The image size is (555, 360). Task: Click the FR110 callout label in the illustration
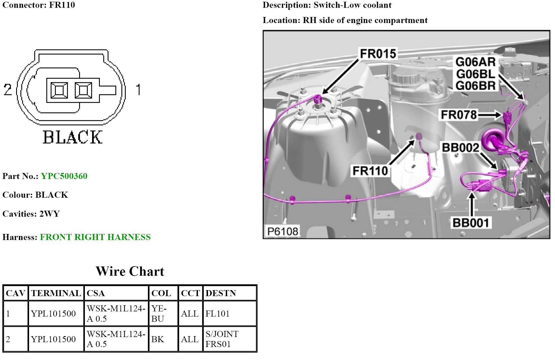point(370,171)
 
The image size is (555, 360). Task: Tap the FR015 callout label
point(378,54)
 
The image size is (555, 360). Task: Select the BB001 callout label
point(470,223)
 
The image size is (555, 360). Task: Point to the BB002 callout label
point(460,148)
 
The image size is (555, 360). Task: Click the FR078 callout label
point(459,115)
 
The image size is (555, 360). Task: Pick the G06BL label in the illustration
point(476,74)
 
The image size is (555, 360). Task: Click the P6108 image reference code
point(282,231)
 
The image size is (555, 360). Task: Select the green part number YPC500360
point(64,176)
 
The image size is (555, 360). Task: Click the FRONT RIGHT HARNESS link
point(95,237)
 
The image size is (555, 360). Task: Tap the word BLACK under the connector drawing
point(73,137)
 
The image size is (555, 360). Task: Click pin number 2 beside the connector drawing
point(8,89)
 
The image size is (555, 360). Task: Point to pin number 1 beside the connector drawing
point(138,89)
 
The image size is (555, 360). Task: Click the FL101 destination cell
point(217,314)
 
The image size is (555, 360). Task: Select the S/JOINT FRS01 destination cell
point(222,339)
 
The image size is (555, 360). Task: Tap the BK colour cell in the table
point(158,339)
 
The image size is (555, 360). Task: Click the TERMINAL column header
point(56,293)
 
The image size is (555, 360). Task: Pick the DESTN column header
point(221,293)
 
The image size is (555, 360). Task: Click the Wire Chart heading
point(130,271)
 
